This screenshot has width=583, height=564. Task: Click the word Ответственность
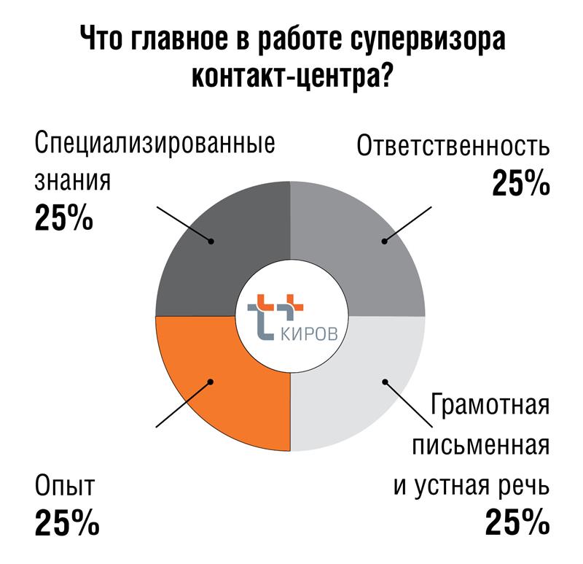pos(453,147)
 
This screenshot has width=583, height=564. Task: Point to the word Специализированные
pos(155,142)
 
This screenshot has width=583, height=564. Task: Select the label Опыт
pos(65,487)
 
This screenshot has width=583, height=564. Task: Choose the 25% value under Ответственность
pos(520,184)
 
